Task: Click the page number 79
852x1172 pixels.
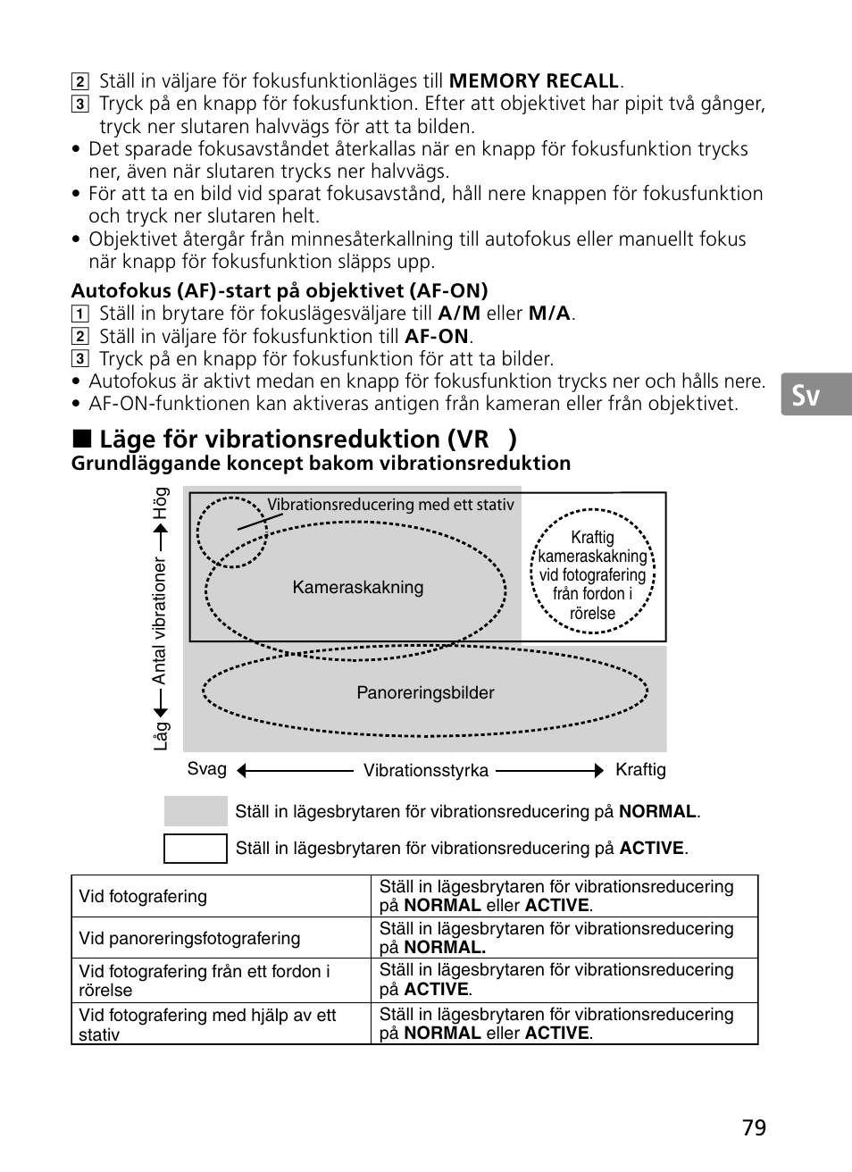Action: pyautogui.click(x=754, y=1127)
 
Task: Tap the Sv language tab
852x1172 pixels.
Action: pyautogui.click(x=806, y=394)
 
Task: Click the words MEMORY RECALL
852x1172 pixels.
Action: pyautogui.click(x=534, y=81)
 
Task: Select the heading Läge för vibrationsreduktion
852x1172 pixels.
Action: pyautogui.click(x=295, y=439)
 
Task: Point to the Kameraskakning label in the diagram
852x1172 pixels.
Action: pyautogui.click(x=358, y=587)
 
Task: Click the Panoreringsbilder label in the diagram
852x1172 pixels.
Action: pyautogui.click(x=425, y=692)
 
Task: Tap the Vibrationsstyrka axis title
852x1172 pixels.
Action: pyautogui.click(x=426, y=770)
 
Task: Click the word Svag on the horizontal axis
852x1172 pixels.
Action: pyautogui.click(x=206, y=769)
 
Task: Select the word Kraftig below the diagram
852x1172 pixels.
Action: pyautogui.click(x=640, y=769)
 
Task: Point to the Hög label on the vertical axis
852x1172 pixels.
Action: pyautogui.click(x=161, y=504)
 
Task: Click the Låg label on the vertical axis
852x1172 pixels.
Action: pyautogui.click(x=161, y=735)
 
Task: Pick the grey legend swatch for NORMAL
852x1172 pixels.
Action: pyautogui.click(x=196, y=811)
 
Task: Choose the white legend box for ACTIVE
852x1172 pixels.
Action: pyautogui.click(x=196, y=848)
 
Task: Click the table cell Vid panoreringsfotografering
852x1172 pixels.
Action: pyautogui.click(x=189, y=938)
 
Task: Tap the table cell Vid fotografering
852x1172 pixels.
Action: pyautogui.click(x=143, y=896)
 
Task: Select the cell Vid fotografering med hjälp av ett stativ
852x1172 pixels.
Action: pyautogui.click(x=207, y=1025)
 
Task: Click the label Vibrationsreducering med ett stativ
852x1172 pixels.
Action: pyautogui.click(x=390, y=505)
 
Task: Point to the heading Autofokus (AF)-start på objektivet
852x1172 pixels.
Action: pyautogui.click(x=280, y=290)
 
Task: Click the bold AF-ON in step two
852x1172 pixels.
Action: pyautogui.click(x=437, y=337)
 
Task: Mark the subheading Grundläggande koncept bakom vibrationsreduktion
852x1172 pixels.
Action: pyautogui.click(x=321, y=463)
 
